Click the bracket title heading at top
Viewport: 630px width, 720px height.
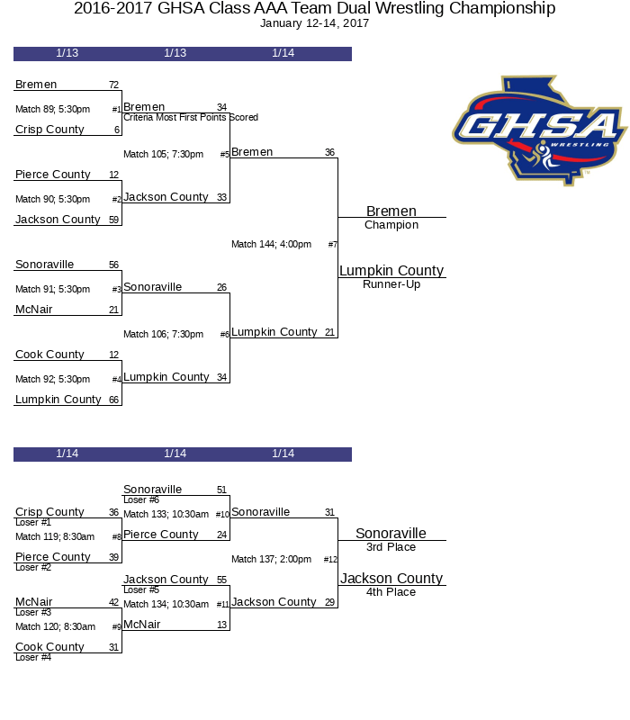pos(314,9)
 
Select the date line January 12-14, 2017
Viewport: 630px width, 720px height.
pos(314,23)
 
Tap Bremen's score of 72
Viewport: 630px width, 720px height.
pos(113,85)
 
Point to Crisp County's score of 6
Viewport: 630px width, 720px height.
pos(116,130)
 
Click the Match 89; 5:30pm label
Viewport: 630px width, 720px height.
pos(52,109)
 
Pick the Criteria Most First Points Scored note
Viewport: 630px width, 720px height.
pos(191,118)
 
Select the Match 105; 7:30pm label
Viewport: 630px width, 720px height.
pos(163,154)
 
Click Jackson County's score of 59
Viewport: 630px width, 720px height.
pos(113,220)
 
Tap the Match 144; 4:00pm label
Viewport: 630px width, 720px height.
pos(271,244)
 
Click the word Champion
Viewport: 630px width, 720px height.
pos(391,225)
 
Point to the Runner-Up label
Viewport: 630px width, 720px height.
pos(391,284)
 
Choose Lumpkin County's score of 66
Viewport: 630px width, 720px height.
pos(113,400)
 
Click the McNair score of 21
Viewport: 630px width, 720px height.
pos(113,310)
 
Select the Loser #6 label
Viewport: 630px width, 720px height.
pos(141,500)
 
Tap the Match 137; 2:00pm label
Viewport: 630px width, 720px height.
pos(271,559)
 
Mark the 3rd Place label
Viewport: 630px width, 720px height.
pos(391,547)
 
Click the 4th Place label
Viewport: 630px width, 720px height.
pos(391,592)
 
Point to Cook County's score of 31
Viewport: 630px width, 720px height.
pos(113,648)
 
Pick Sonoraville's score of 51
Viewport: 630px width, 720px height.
pos(221,490)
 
